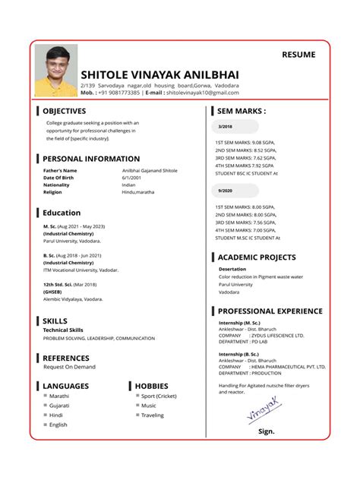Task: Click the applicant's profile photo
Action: tap(56, 70)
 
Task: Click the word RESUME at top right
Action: tap(298, 55)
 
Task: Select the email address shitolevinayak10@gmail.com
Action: tap(203, 93)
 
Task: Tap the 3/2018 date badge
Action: tap(226, 126)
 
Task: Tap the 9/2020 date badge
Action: tap(226, 191)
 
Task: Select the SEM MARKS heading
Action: tap(241, 111)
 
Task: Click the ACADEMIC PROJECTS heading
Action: tap(257, 257)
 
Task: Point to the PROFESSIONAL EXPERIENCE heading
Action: tap(270, 311)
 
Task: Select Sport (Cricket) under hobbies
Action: tap(159, 396)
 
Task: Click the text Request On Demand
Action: tap(69, 367)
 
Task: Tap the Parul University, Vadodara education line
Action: tap(71, 241)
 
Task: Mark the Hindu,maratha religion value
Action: tap(138, 192)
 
